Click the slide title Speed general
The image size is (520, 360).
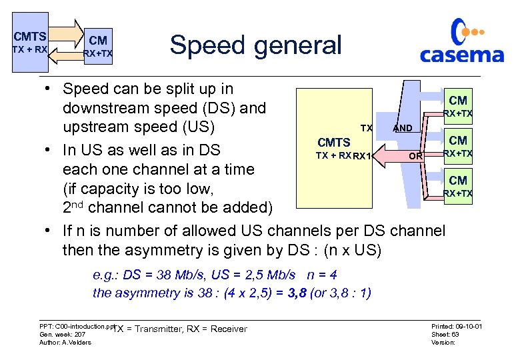(255, 45)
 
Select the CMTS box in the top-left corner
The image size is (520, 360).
(29, 41)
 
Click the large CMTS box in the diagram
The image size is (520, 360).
(333, 148)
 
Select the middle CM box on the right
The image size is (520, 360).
(457, 145)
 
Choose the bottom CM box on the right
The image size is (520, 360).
(457, 185)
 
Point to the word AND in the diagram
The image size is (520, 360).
(402, 128)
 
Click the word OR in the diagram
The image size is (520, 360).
(415, 156)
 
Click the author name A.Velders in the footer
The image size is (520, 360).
(77, 343)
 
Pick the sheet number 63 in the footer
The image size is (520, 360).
(455, 335)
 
